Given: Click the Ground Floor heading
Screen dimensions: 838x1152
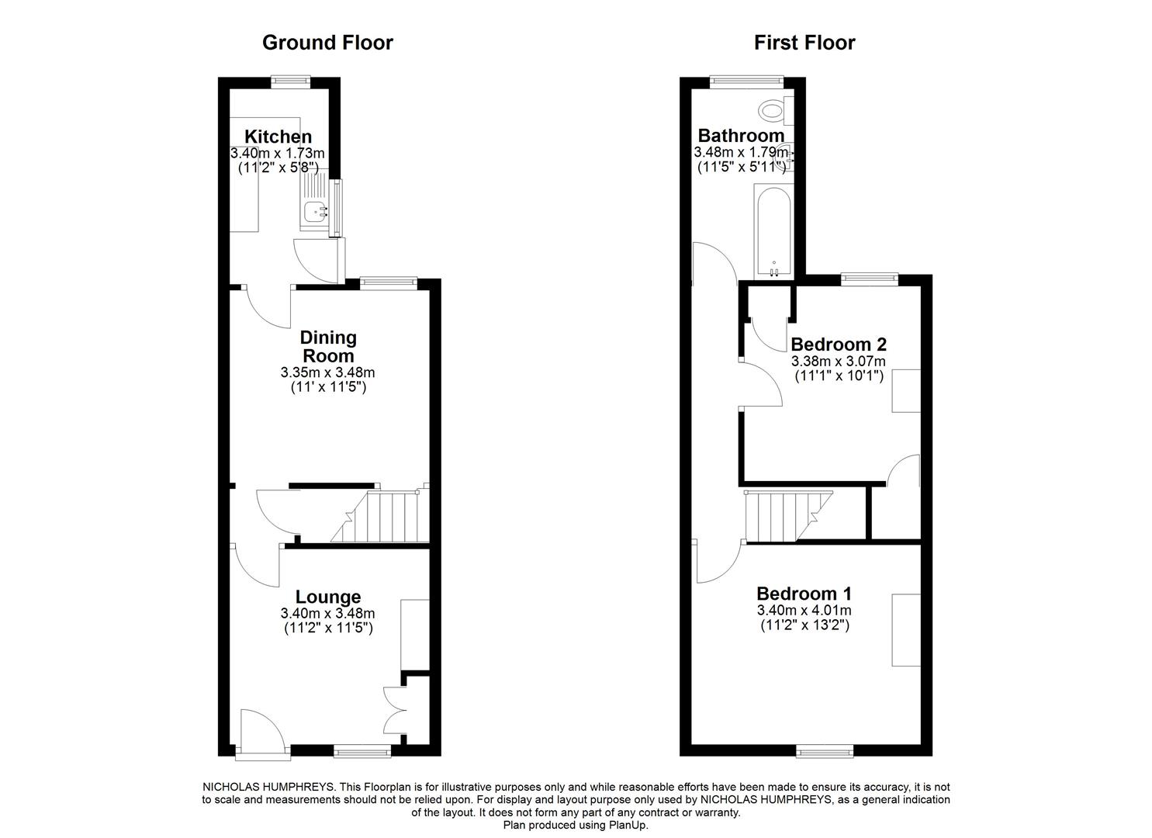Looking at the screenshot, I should point(327,43).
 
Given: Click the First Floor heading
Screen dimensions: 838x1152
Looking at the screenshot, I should point(804,43).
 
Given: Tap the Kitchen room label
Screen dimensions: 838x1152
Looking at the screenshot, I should point(278,137).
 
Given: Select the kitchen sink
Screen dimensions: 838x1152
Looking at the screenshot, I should point(317,208).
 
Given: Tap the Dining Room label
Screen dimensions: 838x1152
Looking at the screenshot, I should point(328,347).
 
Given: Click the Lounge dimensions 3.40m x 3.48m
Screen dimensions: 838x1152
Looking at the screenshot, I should point(327,614).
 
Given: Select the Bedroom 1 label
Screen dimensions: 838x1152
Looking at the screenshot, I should point(804,594).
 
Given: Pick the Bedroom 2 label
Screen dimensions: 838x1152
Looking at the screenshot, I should point(838,344).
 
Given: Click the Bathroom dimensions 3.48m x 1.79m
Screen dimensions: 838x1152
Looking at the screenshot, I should point(741,153).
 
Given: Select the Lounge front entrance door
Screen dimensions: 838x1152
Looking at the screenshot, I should point(262,731).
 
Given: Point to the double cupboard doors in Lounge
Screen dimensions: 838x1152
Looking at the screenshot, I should point(396,710).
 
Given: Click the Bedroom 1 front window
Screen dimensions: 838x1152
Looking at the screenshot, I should point(825,750).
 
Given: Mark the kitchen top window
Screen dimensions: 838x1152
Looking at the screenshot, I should point(291,78).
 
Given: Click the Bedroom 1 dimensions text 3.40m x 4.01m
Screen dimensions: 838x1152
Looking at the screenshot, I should point(804,611).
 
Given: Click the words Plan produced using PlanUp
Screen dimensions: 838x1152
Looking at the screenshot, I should point(576,826).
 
